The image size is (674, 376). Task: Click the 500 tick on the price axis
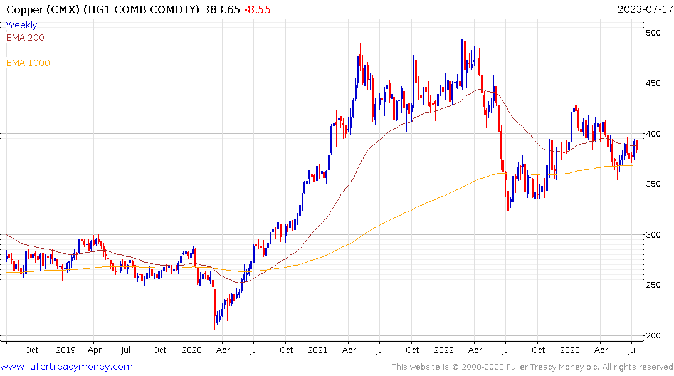(653, 33)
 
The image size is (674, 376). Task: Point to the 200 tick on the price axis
(653, 336)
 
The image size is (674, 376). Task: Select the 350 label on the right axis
(653, 184)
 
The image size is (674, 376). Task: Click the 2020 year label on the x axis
(191, 350)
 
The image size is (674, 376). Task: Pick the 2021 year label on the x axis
(318, 350)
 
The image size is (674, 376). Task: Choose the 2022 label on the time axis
(444, 350)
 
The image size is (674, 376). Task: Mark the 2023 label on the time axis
(570, 350)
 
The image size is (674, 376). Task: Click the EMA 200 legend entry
(25, 38)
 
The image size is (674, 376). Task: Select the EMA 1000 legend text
(28, 63)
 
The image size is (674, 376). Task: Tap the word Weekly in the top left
(21, 25)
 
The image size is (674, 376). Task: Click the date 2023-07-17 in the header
(644, 9)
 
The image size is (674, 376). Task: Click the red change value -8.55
(256, 9)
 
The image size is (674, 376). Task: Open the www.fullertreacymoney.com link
(66, 367)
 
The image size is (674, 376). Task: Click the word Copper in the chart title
(21, 9)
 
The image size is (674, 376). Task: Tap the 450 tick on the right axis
(653, 83)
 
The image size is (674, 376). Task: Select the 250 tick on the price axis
(653, 285)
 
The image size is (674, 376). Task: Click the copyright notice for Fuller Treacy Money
(532, 367)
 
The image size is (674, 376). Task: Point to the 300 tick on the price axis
(653, 235)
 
